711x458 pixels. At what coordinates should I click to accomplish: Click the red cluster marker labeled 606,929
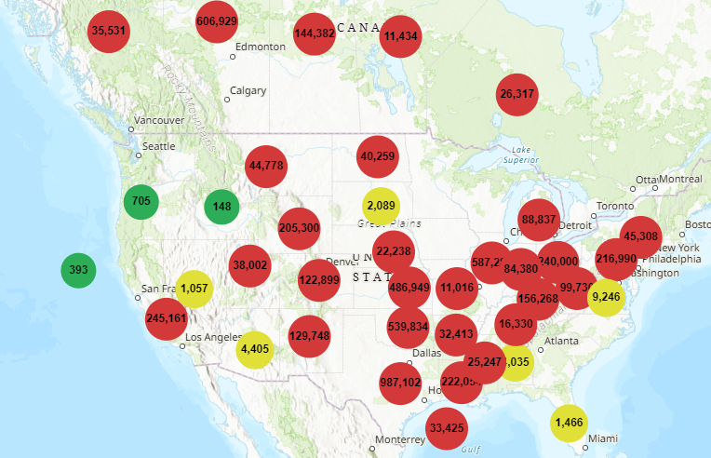217,21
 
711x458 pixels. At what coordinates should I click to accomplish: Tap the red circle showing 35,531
109,31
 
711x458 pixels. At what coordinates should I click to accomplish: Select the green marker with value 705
141,201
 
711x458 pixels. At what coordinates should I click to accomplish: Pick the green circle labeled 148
221,207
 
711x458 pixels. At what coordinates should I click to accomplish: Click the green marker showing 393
78,271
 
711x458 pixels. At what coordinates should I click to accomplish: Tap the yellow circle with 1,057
194,289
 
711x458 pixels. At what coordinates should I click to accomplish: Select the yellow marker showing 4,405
255,350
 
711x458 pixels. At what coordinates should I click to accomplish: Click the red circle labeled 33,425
449,428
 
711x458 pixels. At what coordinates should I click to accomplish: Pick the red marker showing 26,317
517,94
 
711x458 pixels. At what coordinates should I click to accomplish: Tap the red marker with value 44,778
266,166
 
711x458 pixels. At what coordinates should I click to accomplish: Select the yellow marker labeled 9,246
605,297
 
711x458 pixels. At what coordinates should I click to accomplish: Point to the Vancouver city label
159,120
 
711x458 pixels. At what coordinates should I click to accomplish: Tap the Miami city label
602,438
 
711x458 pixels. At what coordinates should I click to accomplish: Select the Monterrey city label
400,439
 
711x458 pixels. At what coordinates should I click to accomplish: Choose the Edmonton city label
261,47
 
